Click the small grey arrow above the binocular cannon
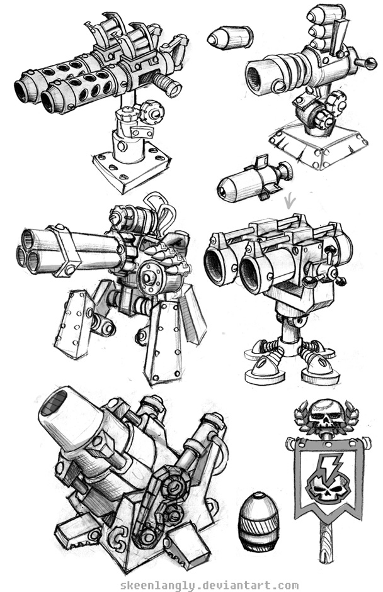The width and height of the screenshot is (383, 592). [290, 201]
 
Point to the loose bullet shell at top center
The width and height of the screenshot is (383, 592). [230, 37]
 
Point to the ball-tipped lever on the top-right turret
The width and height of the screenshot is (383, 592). [365, 64]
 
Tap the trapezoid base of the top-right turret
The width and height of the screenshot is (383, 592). [318, 145]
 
